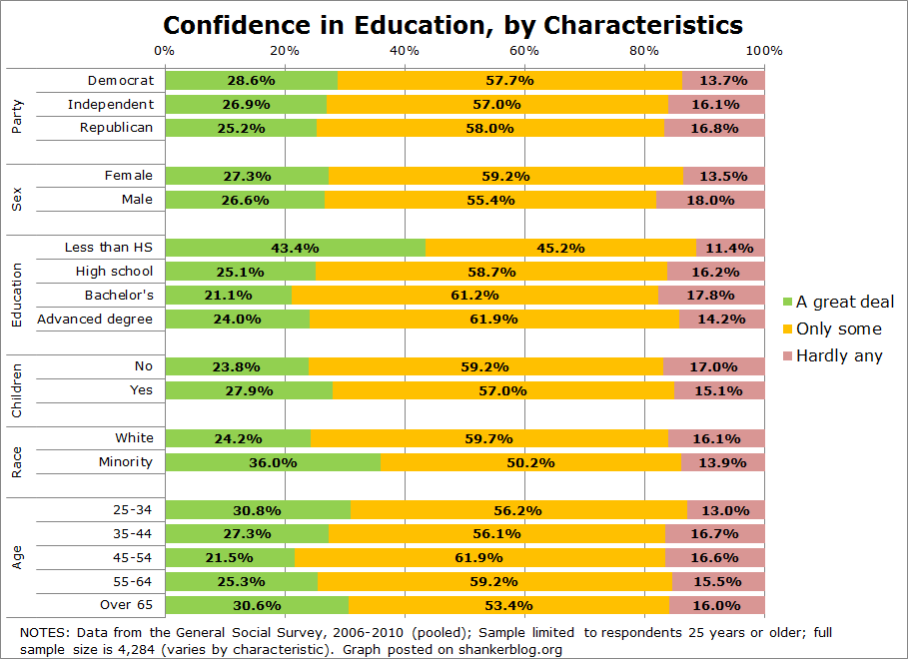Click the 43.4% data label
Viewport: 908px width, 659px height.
[295, 247]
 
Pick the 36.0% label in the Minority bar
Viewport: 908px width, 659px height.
[273, 461]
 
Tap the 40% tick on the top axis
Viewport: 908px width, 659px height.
[405, 50]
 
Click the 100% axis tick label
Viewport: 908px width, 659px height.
[763, 50]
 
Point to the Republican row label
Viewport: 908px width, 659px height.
[117, 127]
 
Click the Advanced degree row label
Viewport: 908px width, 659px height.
[95, 319]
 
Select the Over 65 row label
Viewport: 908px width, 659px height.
[127, 604]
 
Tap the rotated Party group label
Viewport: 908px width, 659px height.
[17, 115]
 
